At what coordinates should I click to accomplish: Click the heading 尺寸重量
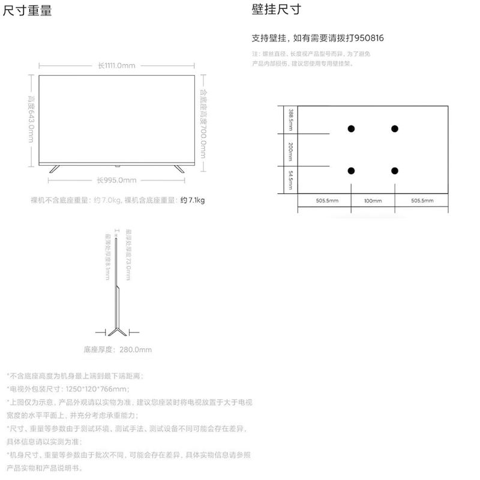28,11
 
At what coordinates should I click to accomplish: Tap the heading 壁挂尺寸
276,10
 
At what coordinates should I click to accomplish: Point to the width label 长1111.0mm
116,65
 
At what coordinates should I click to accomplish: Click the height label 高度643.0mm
30,119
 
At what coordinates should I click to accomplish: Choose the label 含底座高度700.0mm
203,123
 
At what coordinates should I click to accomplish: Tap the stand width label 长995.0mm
116,179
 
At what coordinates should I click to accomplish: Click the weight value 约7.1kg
193,200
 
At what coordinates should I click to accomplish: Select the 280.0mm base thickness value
136,349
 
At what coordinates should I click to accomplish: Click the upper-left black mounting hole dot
351,128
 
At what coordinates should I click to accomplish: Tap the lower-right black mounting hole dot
395,172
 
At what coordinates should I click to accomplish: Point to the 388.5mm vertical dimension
290,119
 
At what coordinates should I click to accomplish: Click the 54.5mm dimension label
290,179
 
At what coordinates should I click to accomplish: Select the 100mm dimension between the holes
373,200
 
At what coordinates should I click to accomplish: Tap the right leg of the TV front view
178,168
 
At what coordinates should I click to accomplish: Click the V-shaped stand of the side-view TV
116,331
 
